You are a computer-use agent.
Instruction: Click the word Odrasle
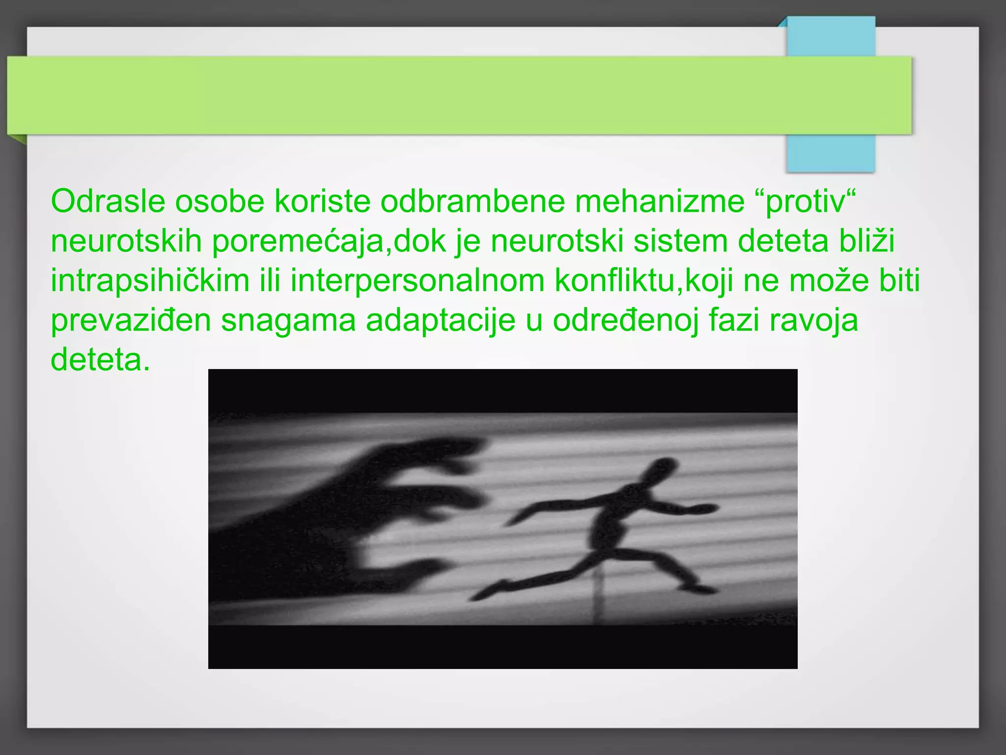click(108, 201)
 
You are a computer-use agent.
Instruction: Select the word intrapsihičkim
click(150, 281)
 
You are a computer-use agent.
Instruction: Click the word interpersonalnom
click(418, 281)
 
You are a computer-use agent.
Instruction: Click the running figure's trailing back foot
click(486, 592)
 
